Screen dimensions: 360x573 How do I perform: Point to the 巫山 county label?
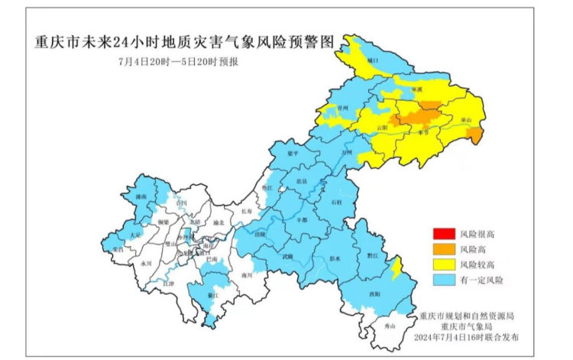click(467, 121)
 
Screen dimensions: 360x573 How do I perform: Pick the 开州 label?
click(343, 109)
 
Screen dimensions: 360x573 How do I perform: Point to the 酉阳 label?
click(374, 294)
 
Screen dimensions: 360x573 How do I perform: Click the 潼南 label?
click(139, 197)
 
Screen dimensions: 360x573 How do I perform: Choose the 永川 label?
click(146, 263)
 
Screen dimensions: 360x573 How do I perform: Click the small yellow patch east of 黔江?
click(395, 267)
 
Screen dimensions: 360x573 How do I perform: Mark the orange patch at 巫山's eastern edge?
click(475, 136)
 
